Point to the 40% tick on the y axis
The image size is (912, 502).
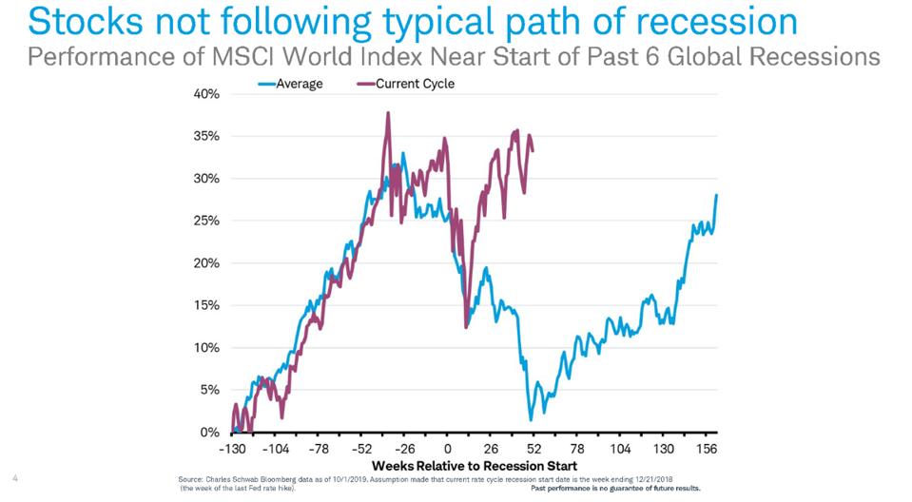click(207, 94)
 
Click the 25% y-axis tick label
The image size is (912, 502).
click(207, 221)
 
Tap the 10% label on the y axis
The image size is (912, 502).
click(207, 347)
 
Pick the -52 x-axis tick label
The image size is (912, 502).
click(361, 449)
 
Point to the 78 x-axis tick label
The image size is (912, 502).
click(577, 449)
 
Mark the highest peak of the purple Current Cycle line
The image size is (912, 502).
click(388, 112)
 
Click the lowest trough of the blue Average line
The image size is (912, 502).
click(531, 419)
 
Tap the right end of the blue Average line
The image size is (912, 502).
click(716, 195)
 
